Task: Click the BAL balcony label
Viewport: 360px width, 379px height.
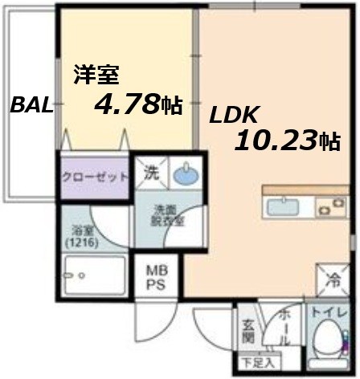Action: (30, 105)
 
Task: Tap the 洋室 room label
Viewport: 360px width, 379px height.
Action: (96, 75)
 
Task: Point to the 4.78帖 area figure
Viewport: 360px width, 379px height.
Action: (137, 104)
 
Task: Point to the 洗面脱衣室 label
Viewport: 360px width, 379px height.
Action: (170, 216)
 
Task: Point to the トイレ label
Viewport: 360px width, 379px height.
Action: (329, 310)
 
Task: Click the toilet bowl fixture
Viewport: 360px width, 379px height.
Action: (328, 340)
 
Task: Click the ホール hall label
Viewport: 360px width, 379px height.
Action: (281, 325)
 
